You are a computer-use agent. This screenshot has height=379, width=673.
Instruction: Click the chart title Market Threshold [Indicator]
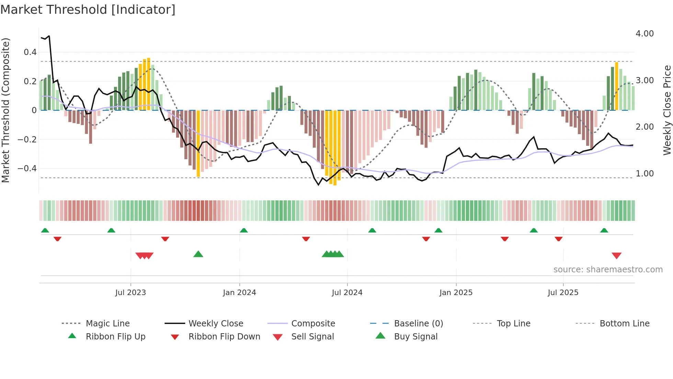[88, 10]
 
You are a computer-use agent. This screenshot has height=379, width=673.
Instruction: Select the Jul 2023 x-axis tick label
[130, 292]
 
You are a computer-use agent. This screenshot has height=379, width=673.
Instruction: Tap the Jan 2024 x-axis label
[239, 292]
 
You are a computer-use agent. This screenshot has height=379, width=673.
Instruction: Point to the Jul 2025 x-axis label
[563, 292]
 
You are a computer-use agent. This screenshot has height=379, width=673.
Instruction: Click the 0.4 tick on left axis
[30, 52]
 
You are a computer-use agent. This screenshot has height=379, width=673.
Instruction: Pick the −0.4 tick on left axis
[27, 168]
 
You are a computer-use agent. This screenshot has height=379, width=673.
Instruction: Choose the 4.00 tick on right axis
[645, 34]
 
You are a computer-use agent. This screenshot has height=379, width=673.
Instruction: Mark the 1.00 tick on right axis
[645, 174]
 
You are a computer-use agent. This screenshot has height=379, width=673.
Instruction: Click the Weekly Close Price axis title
[667, 110]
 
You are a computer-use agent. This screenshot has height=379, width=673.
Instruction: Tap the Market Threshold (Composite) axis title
[6, 110]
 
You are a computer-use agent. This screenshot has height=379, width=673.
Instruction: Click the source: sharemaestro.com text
[608, 270]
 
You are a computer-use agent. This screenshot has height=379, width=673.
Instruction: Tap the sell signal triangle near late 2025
[616, 256]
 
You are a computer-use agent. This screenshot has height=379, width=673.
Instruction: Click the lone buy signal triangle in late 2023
[198, 254]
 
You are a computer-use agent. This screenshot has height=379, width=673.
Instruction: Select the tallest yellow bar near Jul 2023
[149, 84]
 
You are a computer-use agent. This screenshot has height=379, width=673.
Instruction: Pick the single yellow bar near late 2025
[617, 86]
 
